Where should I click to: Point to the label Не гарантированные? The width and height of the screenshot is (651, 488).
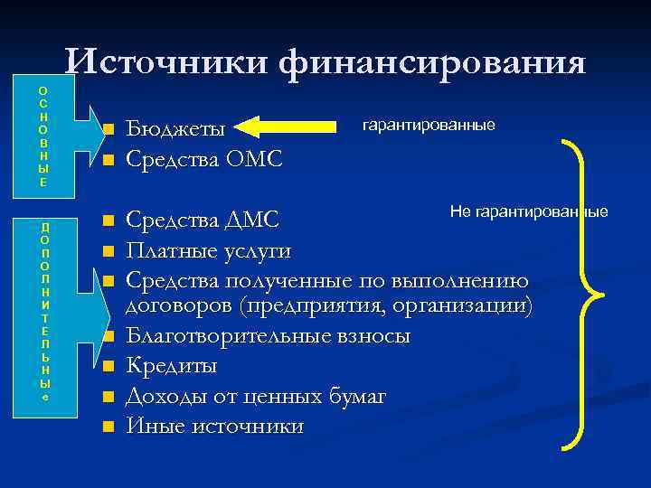tap(529, 211)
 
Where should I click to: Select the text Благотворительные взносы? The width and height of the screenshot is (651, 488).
tap(268, 336)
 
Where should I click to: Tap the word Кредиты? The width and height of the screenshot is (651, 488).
tap(171, 366)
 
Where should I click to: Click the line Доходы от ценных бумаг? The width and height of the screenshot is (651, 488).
tap(256, 396)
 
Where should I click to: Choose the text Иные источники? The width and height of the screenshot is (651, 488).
tap(215, 425)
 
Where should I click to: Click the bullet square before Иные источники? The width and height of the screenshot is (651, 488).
tap(107, 426)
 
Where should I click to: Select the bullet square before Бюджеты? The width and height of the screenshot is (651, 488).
tap(107, 132)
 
